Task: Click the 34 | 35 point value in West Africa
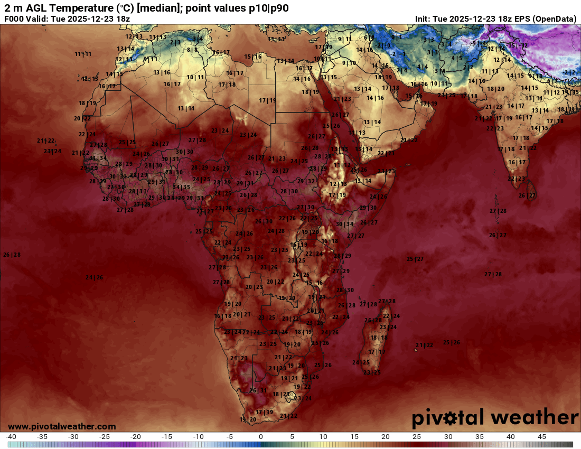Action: (181, 187)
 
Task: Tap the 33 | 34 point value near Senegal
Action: (98, 158)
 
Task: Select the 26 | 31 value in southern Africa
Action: (258, 390)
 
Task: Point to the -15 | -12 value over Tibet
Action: (518, 45)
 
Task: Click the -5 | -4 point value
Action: (479, 43)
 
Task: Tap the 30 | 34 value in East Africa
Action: (344, 224)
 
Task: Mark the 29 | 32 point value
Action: (306, 181)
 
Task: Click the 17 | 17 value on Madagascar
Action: (377, 351)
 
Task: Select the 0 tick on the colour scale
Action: (261, 437)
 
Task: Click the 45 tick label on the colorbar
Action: (541, 437)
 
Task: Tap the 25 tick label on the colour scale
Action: (417, 437)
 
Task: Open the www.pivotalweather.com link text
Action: (62, 426)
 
